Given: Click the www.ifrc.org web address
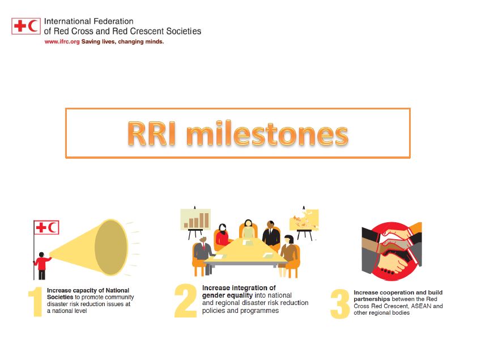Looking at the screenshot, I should point(62,41).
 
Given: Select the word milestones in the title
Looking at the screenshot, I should point(266,134).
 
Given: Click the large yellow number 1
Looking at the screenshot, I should point(35,303).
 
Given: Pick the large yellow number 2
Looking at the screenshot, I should point(185,300).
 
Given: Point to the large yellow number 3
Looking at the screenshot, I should point(339,304).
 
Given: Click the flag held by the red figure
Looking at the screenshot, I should point(46,227).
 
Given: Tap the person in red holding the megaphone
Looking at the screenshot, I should point(41,264).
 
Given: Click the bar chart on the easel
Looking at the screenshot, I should point(195,219).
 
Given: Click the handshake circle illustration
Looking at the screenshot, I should point(391,252).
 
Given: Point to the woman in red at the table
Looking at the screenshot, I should point(223,235).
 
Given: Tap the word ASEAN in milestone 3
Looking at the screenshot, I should point(415,306).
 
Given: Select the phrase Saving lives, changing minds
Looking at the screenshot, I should point(123,41).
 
